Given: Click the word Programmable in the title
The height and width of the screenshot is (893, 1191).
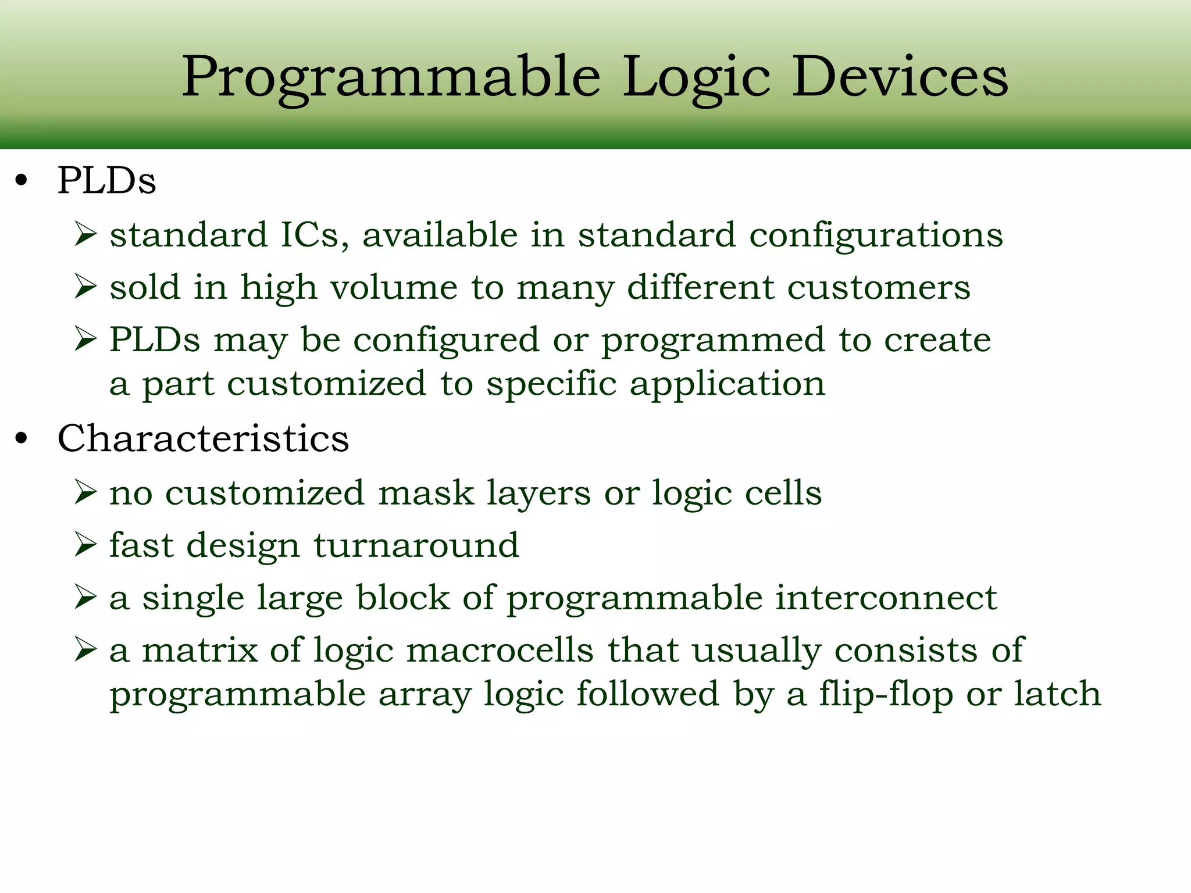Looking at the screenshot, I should click(391, 78).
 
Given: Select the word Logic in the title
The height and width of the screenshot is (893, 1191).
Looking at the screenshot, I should click(697, 78).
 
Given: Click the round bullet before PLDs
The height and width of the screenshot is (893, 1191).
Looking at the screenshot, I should click(22, 181).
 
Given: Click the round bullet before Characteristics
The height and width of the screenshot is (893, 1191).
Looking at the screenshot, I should click(22, 440).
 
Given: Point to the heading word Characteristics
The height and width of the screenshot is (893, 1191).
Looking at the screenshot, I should click(203, 438).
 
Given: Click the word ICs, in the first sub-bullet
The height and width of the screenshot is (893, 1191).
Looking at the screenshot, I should click(315, 235).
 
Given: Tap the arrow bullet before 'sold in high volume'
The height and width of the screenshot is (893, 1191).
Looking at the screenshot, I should click(85, 287).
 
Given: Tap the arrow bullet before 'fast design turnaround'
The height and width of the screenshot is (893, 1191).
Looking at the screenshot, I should click(85, 545).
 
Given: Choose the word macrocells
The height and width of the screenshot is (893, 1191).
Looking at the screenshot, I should click(500, 651).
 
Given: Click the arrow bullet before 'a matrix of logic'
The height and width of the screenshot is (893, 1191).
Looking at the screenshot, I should click(85, 650).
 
